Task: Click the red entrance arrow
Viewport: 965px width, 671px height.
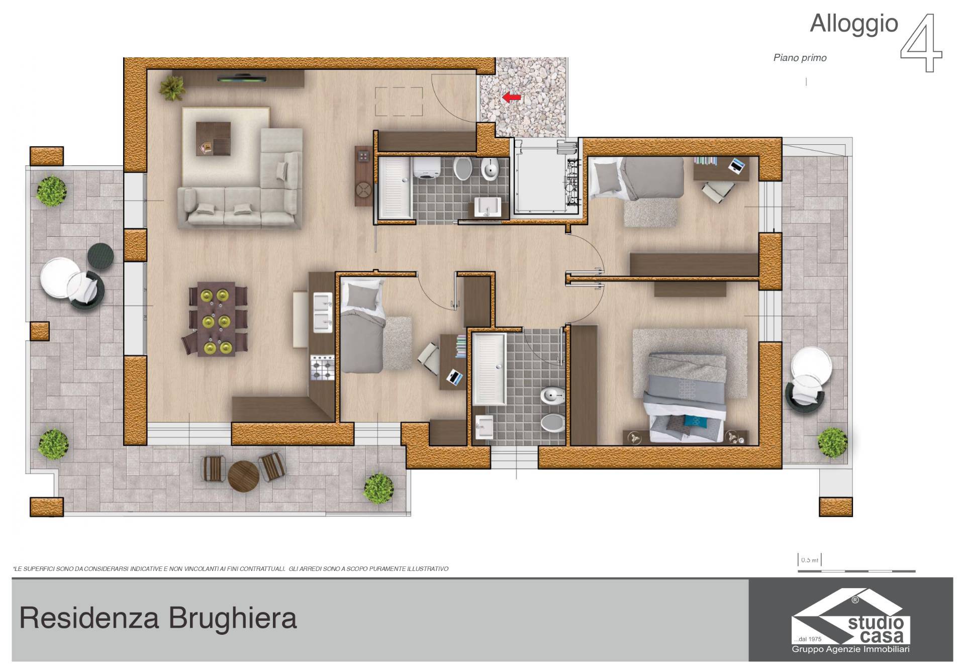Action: click(x=512, y=98)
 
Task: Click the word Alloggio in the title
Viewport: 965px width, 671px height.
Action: click(x=854, y=24)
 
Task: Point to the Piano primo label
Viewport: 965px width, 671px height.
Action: click(x=800, y=58)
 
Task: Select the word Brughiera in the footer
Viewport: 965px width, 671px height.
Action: click(x=232, y=618)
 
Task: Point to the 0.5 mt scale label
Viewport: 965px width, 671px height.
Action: click(x=809, y=560)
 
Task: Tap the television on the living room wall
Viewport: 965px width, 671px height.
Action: click(x=242, y=78)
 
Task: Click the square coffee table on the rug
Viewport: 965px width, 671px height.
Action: click(x=214, y=139)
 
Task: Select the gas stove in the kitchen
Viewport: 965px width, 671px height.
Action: click(x=322, y=367)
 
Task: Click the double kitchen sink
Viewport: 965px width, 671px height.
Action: click(x=323, y=312)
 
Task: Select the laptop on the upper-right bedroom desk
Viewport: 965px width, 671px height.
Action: click(x=737, y=165)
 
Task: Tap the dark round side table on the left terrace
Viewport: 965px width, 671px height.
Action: click(x=101, y=256)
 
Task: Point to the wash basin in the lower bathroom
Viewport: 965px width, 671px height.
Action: click(x=485, y=427)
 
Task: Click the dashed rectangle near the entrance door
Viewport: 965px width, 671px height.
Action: click(x=399, y=102)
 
